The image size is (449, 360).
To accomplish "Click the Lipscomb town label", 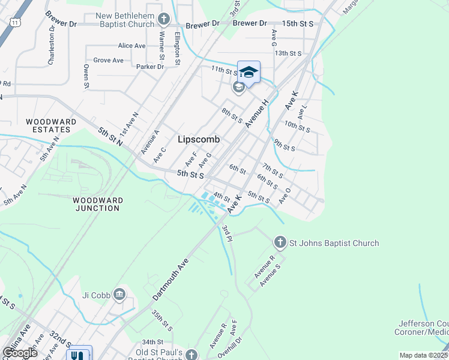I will [199, 139].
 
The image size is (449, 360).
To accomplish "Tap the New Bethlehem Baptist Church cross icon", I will [163, 19].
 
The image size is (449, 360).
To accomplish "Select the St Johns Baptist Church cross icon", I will [280, 243].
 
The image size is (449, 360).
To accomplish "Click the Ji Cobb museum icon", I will [119, 294].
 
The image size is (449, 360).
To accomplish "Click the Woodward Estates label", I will [51, 125].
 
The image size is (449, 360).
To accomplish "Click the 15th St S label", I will [298, 23].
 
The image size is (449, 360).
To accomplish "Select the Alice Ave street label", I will [132, 46].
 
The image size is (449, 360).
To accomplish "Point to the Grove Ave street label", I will [109, 60].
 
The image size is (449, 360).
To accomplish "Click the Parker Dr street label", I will [150, 67].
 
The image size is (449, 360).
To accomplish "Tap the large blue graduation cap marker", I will [249, 73].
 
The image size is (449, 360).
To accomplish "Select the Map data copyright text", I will [424, 355].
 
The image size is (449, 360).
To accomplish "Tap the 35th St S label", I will [161, 320].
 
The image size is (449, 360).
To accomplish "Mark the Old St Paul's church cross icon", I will [191, 355].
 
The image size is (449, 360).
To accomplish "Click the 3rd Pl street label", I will [226, 234].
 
